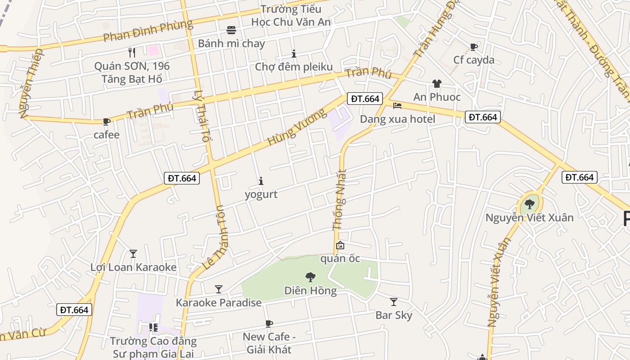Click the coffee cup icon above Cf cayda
point(473,46)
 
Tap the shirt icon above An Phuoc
point(436,83)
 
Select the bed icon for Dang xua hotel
point(397,106)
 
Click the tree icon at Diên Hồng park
point(310,277)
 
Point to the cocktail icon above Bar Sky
point(394,302)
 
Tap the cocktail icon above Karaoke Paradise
point(219,289)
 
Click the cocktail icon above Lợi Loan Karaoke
point(133,254)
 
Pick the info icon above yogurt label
point(261,181)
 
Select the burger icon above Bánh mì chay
point(231,30)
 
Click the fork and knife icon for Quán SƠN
point(132,53)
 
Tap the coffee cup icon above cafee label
point(107,121)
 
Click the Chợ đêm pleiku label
point(294,67)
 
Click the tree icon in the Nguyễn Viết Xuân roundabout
point(530,204)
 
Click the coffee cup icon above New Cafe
point(269,324)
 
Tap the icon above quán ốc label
point(340,246)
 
